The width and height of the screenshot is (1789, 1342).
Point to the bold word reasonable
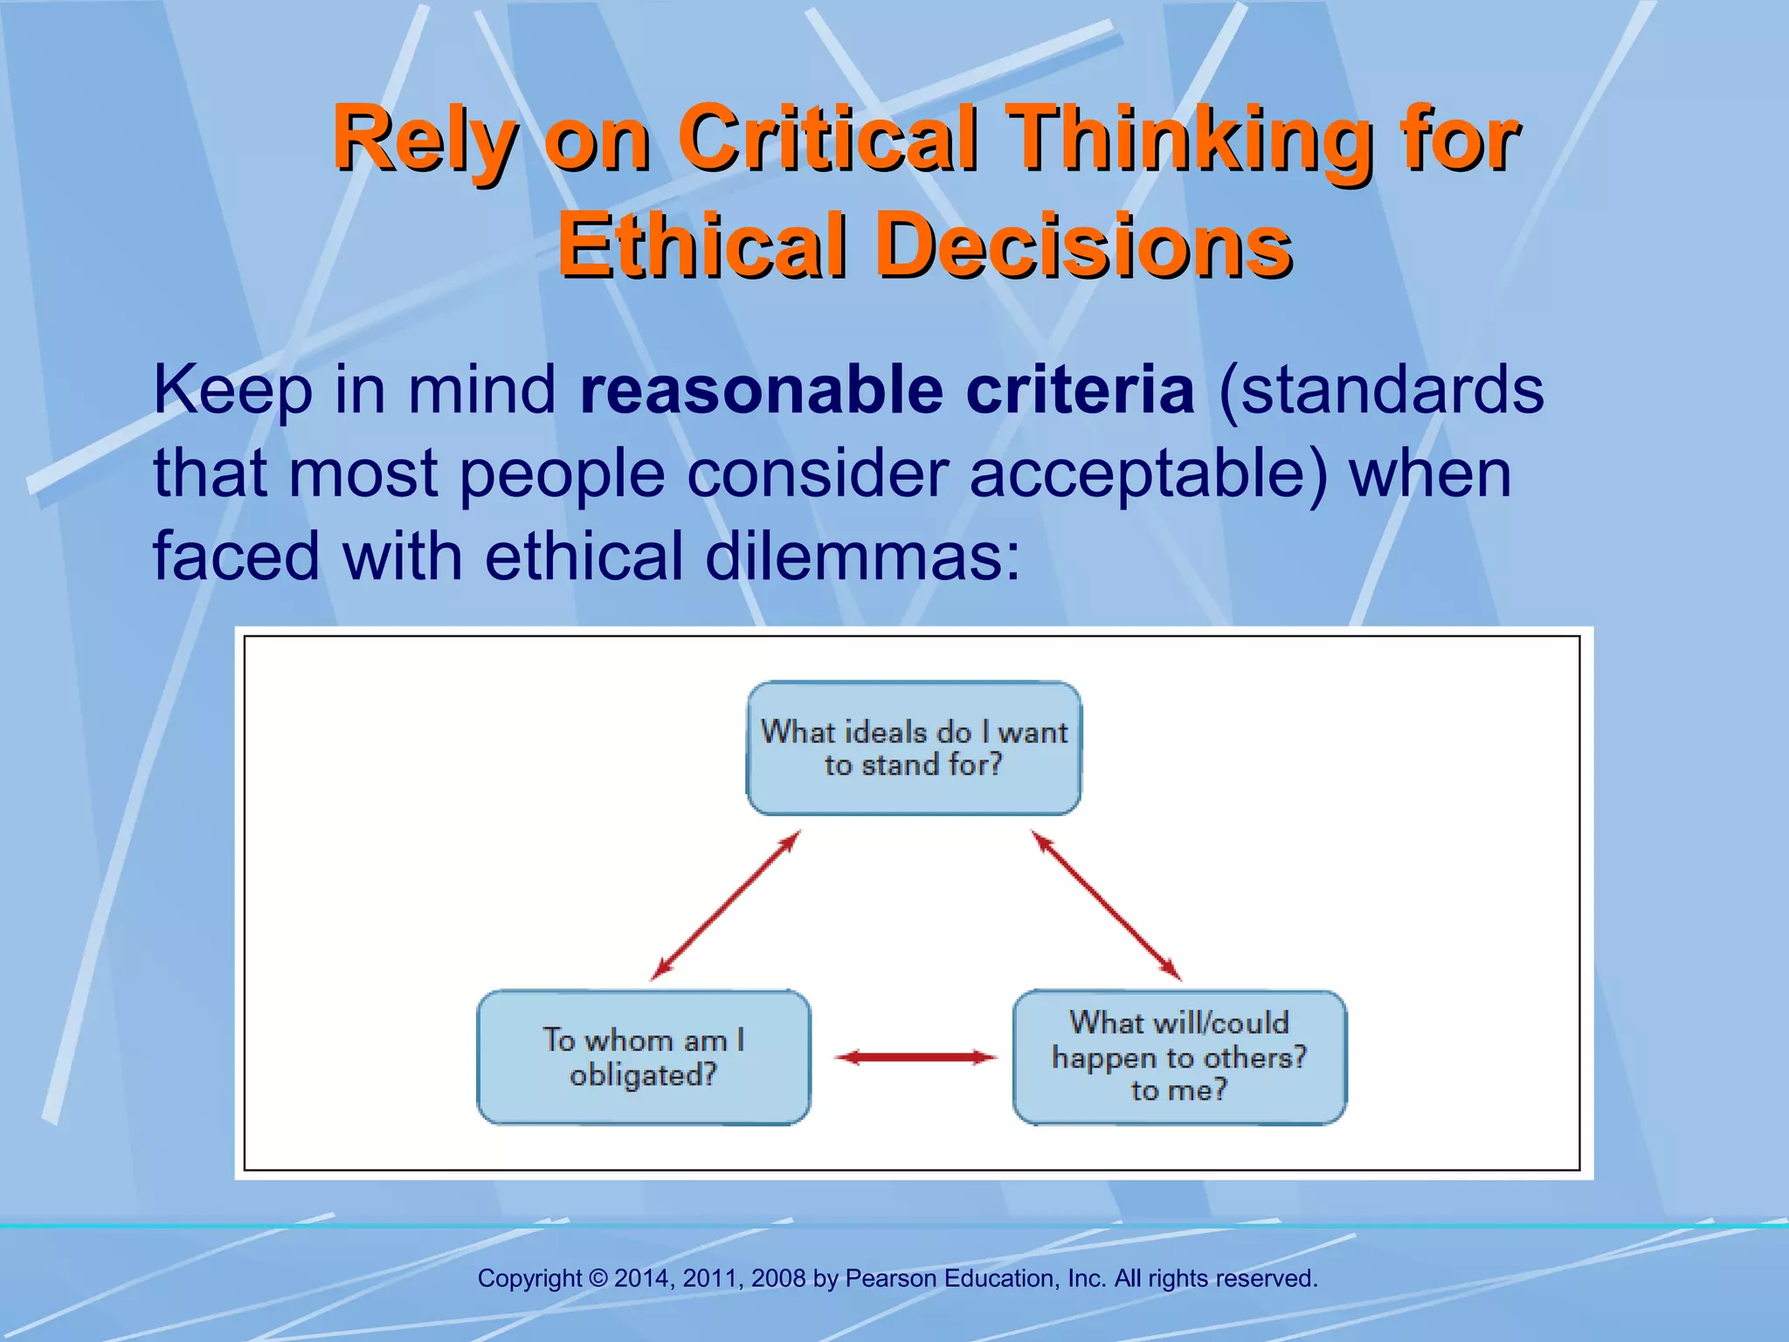[761, 391]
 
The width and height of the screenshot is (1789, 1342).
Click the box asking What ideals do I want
[914, 749]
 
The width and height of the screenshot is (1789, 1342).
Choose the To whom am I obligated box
[644, 1057]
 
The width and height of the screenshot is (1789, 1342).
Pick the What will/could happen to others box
[1179, 1057]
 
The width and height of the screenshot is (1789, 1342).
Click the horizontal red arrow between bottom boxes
[915, 1058]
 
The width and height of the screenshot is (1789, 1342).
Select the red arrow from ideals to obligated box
[726, 905]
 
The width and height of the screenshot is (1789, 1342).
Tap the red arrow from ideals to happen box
[1106, 905]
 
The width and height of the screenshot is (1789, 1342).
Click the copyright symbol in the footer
[598, 1278]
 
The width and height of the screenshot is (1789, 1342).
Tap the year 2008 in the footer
[778, 1278]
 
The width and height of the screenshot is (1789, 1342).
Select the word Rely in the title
[425, 140]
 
